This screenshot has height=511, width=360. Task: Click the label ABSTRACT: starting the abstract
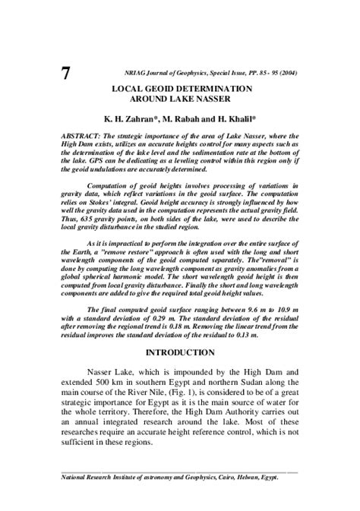coord(84,133)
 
